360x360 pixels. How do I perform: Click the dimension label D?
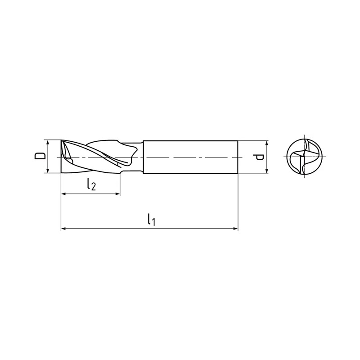(40, 156)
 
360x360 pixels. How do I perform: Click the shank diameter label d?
(258, 157)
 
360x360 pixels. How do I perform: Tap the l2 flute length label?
(91, 184)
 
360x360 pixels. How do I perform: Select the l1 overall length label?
(151, 219)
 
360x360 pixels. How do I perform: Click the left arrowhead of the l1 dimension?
(63, 229)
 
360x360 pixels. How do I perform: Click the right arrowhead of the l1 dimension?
(235, 229)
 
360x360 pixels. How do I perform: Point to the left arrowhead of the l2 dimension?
(63, 194)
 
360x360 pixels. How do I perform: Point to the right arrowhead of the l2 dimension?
(117, 194)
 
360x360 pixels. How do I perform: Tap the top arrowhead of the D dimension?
(48, 143)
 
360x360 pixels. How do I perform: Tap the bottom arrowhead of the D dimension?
(48, 171)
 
